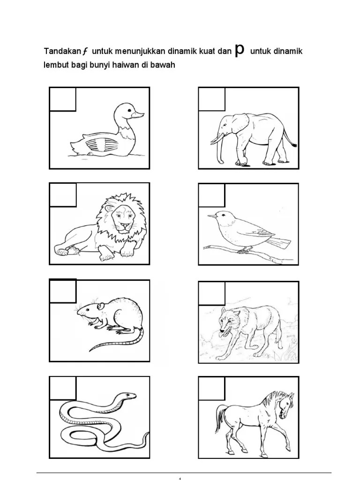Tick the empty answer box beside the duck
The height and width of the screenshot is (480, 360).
click(x=63, y=99)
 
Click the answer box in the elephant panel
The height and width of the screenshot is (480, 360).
click(x=212, y=99)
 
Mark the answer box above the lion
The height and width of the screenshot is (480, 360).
click(x=63, y=195)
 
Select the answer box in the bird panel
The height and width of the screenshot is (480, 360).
click(x=211, y=195)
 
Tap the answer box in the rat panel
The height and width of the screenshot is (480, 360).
click(x=63, y=291)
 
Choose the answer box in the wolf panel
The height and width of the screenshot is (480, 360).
click(x=212, y=293)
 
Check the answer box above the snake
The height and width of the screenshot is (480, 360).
click(x=63, y=388)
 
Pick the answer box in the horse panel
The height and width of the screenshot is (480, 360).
click(x=212, y=388)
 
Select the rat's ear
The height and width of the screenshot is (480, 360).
click(x=101, y=306)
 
